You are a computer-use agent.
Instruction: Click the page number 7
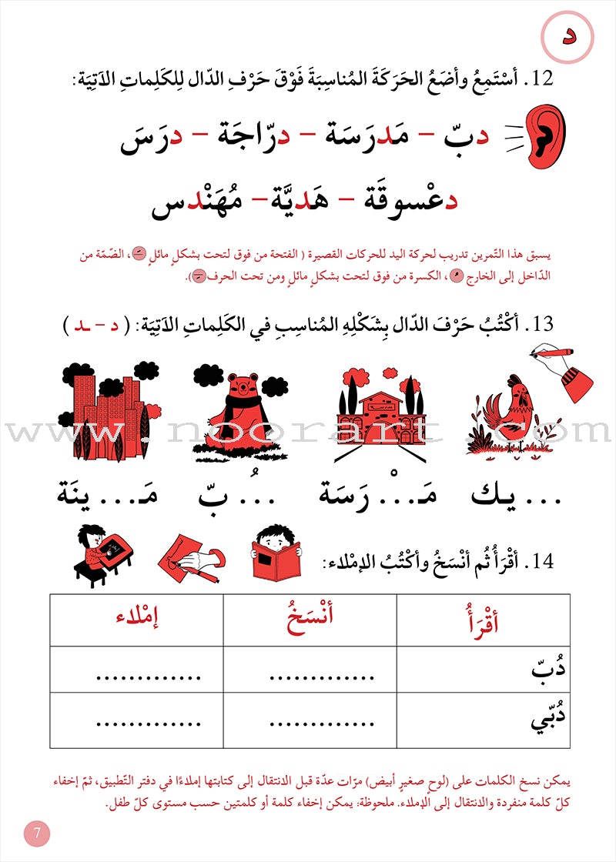point(36,833)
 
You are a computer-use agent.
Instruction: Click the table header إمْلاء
point(136,620)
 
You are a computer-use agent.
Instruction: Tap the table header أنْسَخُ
point(310,620)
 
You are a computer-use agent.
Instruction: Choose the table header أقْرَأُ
point(484,621)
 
